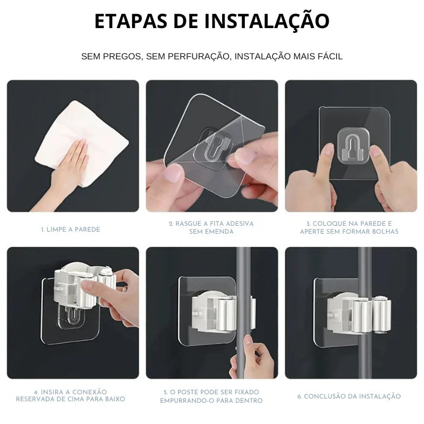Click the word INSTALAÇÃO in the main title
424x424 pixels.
click(x=267, y=21)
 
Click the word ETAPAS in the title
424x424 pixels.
click(x=131, y=21)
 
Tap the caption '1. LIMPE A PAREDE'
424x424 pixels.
click(x=70, y=229)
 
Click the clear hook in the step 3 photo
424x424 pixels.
click(x=354, y=146)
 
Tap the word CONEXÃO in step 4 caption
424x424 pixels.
click(x=90, y=392)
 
